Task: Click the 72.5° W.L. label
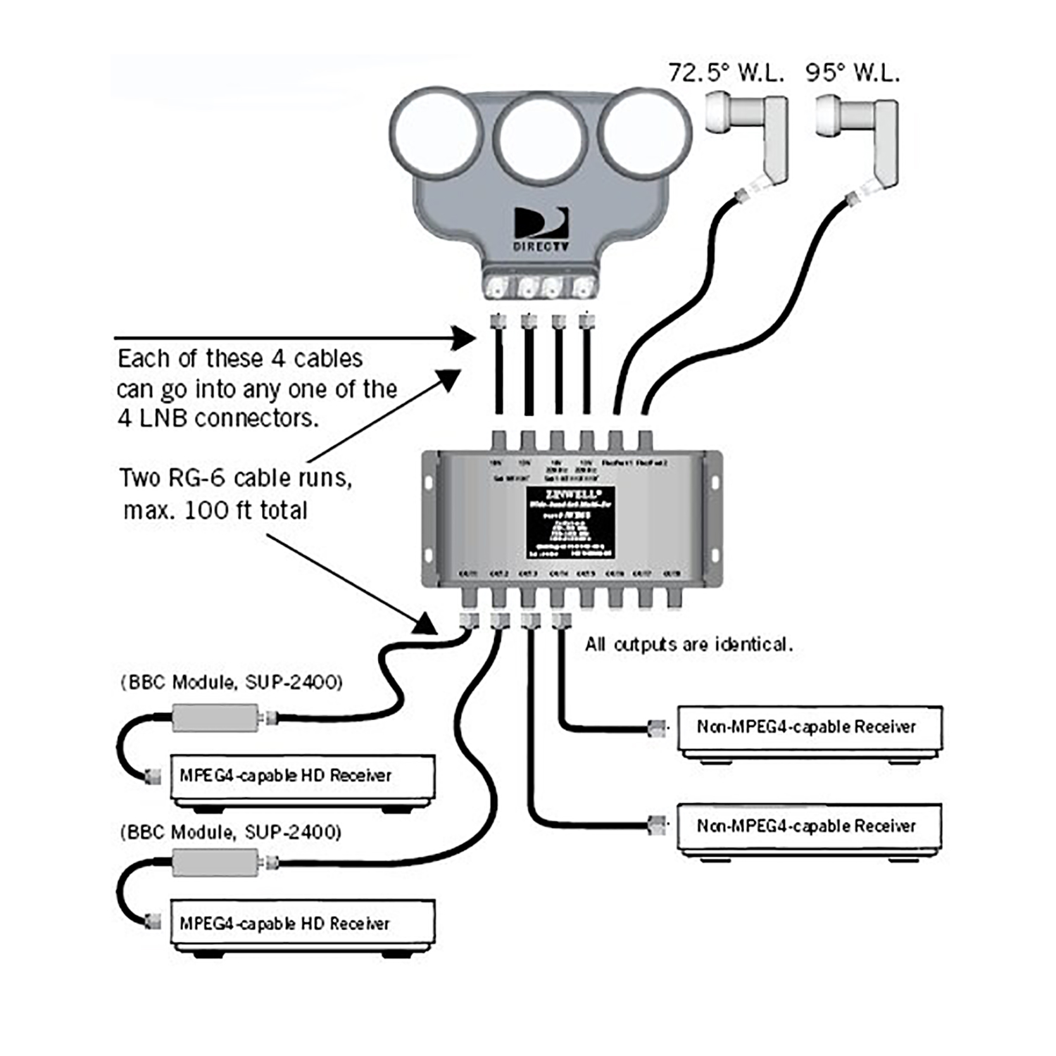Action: coord(725,73)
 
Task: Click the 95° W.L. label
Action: coord(853,73)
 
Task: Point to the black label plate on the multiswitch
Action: coord(571,522)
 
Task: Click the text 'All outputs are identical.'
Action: coord(689,644)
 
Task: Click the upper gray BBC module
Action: coord(215,718)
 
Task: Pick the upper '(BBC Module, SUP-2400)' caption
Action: coord(231,682)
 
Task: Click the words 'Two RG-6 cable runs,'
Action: coord(236,478)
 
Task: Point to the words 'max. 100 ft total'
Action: coord(215,510)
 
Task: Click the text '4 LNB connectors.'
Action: coord(218,418)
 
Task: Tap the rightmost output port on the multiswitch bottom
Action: coord(674,598)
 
